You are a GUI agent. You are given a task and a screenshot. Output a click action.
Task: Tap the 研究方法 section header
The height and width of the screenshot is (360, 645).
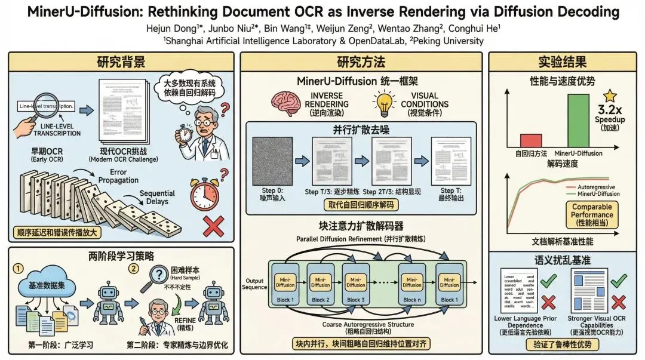pyautogui.click(x=361, y=62)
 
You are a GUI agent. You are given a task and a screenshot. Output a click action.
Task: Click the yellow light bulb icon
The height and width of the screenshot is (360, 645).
pyautogui.click(x=386, y=100)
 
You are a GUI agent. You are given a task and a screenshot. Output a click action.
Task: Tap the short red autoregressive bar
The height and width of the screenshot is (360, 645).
pyautogui.click(x=530, y=140)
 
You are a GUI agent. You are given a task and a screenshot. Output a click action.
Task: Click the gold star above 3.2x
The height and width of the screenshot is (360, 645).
pyautogui.click(x=610, y=95)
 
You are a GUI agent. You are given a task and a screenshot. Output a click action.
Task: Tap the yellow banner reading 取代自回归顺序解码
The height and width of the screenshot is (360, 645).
pyautogui.click(x=362, y=205)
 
